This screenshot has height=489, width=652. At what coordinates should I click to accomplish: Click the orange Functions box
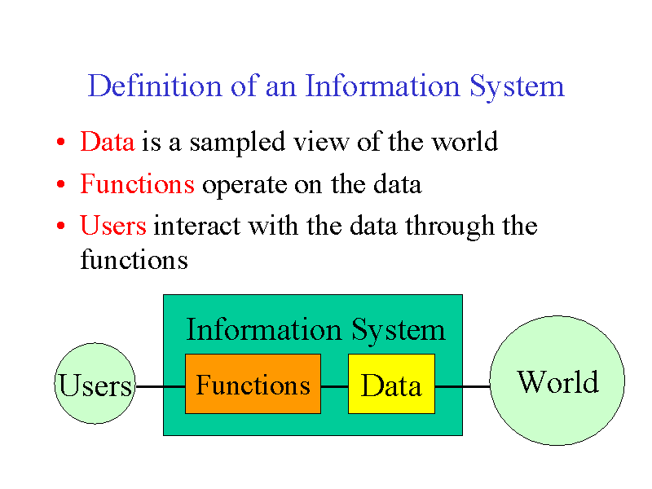click(x=253, y=384)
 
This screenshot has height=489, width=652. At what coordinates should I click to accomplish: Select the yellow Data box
click(x=391, y=384)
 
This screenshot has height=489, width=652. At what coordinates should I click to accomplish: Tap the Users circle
click(x=95, y=384)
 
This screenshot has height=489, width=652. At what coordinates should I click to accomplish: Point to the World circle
click(x=557, y=381)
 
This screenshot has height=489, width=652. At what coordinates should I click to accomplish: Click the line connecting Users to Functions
click(x=160, y=386)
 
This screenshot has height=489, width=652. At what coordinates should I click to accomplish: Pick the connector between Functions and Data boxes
click(x=334, y=386)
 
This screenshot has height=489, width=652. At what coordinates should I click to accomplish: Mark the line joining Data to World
click(x=461, y=386)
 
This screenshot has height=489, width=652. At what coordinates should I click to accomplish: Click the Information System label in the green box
click(x=315, y=330)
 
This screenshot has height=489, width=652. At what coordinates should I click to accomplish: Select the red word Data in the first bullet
click(x=107, y=142)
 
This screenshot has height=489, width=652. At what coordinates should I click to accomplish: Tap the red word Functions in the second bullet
click(x=137, y=184)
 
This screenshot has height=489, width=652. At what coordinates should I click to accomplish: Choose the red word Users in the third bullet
click(x=113, y=225)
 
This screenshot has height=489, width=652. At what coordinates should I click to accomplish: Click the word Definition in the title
click(x=155, y=86)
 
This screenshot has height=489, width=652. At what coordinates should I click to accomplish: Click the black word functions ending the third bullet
click(x=134, y=260)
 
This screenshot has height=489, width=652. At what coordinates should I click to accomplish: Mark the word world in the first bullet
click(x=464, y=142)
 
